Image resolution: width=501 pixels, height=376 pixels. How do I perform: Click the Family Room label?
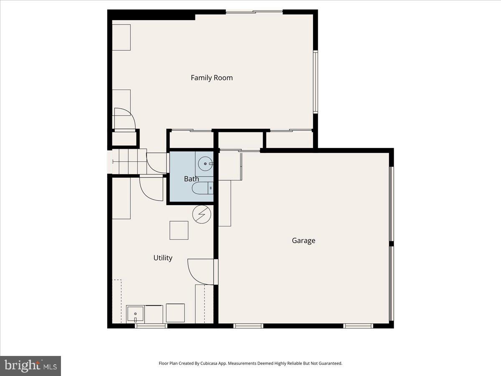[212, 78]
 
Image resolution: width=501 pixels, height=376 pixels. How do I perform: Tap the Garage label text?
[304, 241]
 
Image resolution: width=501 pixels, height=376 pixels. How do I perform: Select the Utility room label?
[163, 258]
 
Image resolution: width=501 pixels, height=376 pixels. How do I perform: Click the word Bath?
[192, 179]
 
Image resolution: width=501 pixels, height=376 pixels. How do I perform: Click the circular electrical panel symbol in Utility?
[202, 214]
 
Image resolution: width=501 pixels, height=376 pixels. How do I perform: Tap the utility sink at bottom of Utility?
[135, 314]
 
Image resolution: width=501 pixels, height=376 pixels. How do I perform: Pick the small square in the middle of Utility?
[179, 230]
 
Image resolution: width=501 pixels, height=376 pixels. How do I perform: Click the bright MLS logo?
[30, 366]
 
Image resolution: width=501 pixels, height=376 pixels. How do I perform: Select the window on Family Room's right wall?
[316, 82]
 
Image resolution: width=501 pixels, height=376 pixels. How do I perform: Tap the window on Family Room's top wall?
[254, 12]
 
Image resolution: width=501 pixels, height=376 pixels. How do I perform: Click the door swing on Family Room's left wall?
[124, 119]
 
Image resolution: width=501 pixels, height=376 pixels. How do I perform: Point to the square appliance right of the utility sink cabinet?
[175, 312]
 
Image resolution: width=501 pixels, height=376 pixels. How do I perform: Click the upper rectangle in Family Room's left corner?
[121, 37]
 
